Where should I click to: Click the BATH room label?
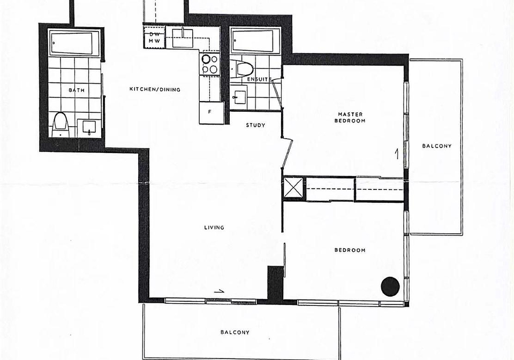(x=77, y=90)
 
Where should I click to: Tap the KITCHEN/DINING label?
(x=155, y=89)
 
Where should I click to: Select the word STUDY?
(x=256, y=125)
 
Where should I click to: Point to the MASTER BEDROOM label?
(x=350, y=117)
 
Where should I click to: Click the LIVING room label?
(x=214, y=227)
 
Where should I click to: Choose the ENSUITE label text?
(x=259, y=79)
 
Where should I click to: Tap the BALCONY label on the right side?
(x=437, y=146)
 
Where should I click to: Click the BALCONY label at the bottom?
(x=235, y=332)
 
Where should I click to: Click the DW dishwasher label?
(x=154, y=34)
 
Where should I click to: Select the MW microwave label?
(x=154, y=41)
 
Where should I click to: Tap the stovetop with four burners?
(x=210, y=64)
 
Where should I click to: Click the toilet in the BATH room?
(x=61, y=125)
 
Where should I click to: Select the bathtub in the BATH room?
(x=74, y=43)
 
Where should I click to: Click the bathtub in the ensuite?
(x=255, y=41)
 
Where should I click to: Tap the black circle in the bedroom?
(x=390, y=287)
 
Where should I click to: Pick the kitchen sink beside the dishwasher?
(x=182, y=38)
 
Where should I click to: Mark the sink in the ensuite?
(x=239, y=95)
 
